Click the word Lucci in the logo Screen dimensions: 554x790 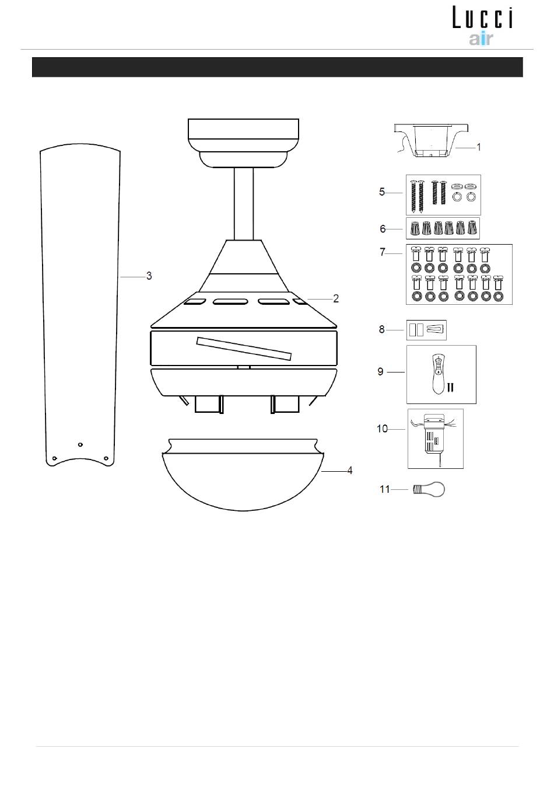tap(482, 18)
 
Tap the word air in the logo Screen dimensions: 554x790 tap(481, 39)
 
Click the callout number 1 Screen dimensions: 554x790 tap(478, 147)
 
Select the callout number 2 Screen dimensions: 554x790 tap(336, 299)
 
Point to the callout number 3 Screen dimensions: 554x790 tap(149, 276)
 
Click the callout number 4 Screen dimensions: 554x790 tap(349, 471)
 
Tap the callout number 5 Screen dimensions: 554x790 tap(382, 192)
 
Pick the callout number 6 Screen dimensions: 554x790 tap(383, 229)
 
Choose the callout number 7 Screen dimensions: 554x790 tap(382, 252)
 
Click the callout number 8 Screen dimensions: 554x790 tap(382, 329)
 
